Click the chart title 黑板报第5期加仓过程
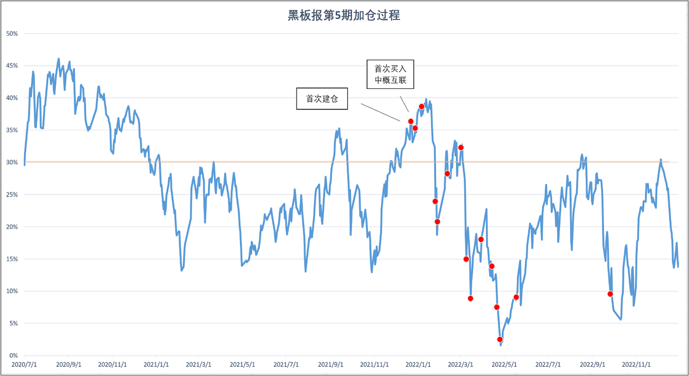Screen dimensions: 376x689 [x=344, y=16]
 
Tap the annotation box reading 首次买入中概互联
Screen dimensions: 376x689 [x=390, y=75]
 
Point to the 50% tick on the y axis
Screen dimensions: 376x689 [x=12, y=33]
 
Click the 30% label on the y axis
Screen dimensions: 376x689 [x=12, y=162]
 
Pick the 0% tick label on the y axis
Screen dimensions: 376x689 [x=13, y=356]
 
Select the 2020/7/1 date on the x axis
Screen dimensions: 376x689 [x=24, y=365]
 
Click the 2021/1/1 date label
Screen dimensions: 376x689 [x=156, y=365]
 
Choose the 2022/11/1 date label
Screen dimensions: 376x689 [x=636, y=365]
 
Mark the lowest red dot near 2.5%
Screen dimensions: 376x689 [x=500, y=339]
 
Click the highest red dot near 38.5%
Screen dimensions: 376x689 [x=421, y=107]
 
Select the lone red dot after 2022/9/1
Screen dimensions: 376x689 [x=610, y=294]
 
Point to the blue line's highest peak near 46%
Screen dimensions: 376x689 [x=59, y=59]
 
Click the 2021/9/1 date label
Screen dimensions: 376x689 [x=329, y=365]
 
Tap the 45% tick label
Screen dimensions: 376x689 [x=12, y=66]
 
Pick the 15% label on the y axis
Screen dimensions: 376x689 [x=12, y=259]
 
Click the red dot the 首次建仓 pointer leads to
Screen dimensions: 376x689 [x=411, y=121]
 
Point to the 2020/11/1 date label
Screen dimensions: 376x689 [x=113, y=365]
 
